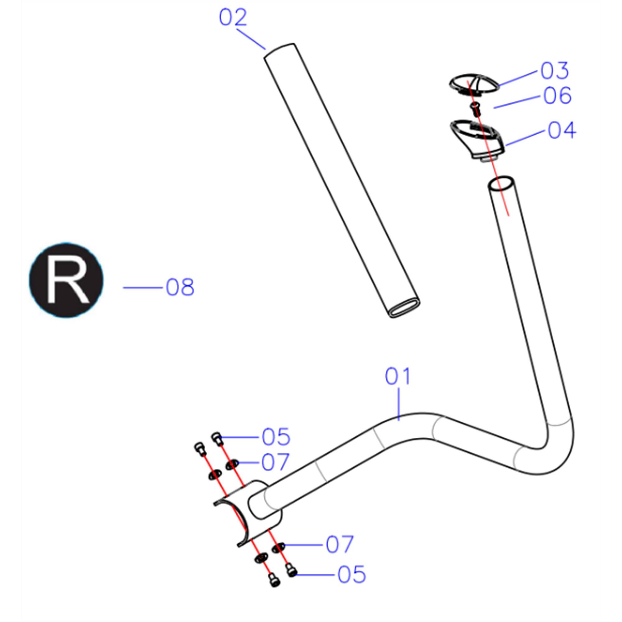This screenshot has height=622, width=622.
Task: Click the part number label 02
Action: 233,17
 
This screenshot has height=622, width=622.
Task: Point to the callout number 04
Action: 562,130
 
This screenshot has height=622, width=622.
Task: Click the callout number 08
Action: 180,287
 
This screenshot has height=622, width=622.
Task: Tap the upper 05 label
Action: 276,437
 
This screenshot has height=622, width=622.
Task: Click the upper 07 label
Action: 276,462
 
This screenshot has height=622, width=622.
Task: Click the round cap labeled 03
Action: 474,85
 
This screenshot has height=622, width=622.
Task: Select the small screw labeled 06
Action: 475,108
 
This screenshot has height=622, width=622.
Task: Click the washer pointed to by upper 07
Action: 232,464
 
